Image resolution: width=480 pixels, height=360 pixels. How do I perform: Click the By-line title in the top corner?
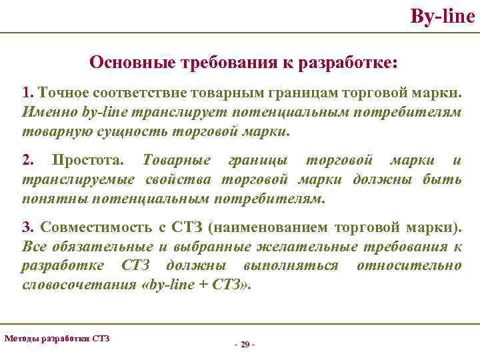click(443, 15)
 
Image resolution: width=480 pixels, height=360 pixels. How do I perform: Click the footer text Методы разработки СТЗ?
click(57, 339)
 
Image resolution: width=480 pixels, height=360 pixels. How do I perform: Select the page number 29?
click(245, 344)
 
